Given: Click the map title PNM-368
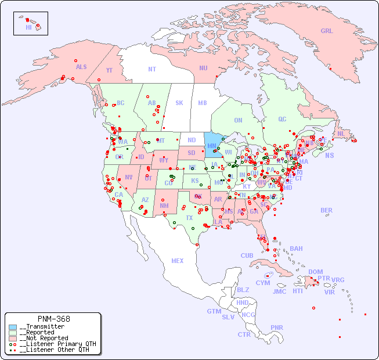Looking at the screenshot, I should (53, 319).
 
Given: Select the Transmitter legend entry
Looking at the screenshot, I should (41, 327).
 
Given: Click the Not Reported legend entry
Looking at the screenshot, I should (43, 338).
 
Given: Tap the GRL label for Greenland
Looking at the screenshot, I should (327, 31).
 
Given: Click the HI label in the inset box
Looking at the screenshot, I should (28, 27).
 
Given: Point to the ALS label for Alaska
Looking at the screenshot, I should (81, 67).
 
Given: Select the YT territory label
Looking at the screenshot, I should (109, 70).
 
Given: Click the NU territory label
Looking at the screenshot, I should (203, 68).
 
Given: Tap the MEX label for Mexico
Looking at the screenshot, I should (178, 261).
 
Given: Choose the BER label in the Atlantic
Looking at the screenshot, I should (327, 210).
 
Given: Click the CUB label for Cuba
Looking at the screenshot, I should (247, 256).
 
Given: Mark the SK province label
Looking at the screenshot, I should (179, 103).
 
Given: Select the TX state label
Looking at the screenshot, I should (189, 218).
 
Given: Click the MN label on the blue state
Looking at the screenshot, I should (211, 146).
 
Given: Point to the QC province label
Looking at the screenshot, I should (282, 119).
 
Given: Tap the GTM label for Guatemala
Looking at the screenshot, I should (214, 311).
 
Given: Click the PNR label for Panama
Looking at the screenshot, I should (277, 327).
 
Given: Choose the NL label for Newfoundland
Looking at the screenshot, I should (341, 134).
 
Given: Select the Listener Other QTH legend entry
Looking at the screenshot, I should (54, 350).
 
